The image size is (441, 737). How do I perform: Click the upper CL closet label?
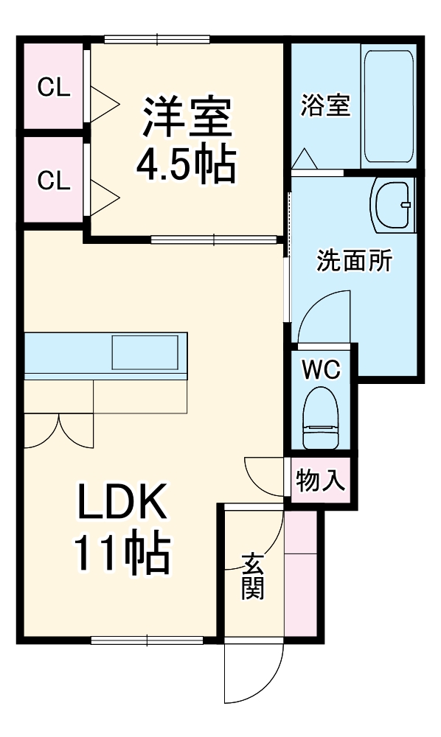54,88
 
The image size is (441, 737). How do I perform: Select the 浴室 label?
325,105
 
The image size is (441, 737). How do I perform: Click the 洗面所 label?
355,261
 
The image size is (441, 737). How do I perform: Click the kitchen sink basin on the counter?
145,352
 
